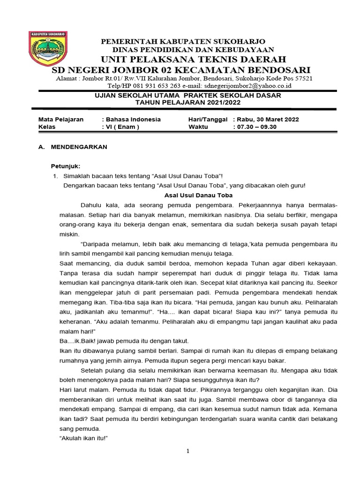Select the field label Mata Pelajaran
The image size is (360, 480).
click(x=60, y=120)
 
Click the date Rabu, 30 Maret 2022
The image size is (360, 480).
click(x=268, y=120)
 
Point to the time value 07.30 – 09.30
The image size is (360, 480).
click(x=257, y=127)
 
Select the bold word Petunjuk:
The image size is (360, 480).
click(x=66, y=166)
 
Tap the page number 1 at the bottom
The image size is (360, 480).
click(x=187, y=451)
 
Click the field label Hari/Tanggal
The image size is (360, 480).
click(x=208, y=120)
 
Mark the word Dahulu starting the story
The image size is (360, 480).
click(x=92, y=205)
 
